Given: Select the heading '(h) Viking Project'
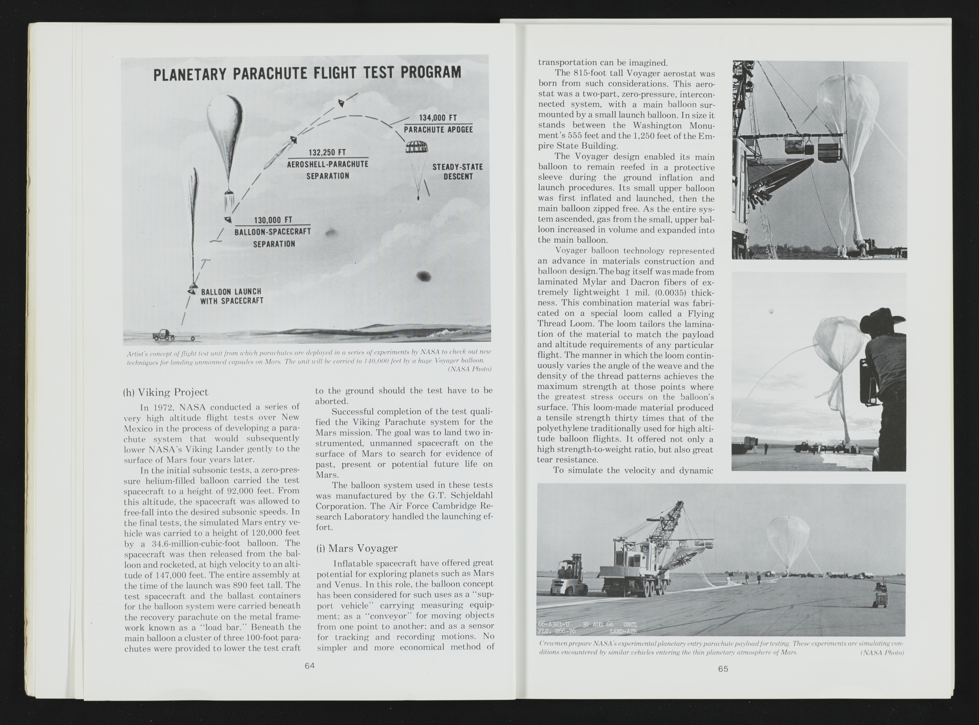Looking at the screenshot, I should point(166,392).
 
